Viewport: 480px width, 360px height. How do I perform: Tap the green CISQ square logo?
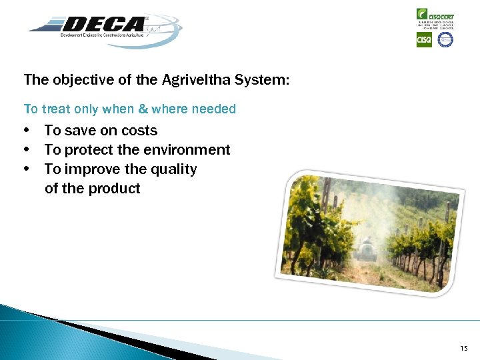tap(424, 40)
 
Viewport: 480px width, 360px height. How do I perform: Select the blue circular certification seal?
tap(445, 40)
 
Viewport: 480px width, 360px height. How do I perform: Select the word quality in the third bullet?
tap(174, 169)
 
